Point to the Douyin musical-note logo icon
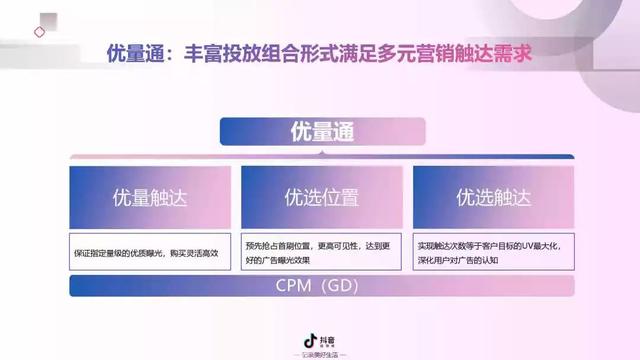click(311, 340)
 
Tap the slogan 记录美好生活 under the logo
click(320, 354)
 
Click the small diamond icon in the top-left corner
click(39, 31)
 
